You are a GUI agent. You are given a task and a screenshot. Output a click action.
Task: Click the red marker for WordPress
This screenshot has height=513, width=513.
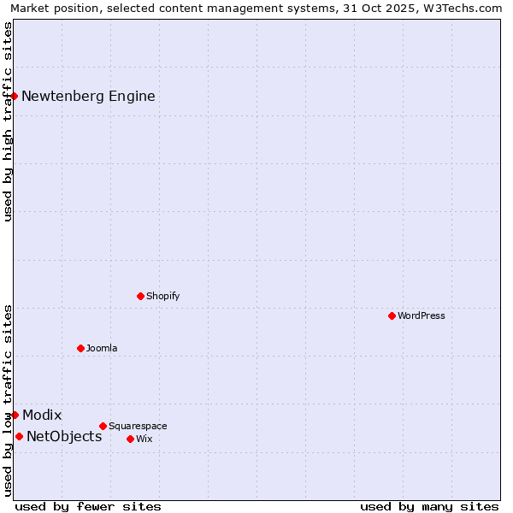click(x=392, y=315)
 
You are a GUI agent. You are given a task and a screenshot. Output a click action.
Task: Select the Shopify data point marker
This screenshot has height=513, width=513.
click(x=140, y=296)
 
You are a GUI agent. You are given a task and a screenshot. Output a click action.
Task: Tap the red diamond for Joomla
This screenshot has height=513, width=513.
click(x=80, y=348)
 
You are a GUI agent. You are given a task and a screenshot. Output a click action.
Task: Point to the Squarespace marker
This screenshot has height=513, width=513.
click(x=103, y=426)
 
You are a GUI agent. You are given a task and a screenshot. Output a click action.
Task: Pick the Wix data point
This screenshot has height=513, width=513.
click(x=130, y=439)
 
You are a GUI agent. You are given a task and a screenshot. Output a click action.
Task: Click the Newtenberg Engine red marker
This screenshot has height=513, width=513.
click(x=15, y=96)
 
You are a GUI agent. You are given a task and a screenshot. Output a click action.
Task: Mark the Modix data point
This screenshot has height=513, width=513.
click(x=15, y=415)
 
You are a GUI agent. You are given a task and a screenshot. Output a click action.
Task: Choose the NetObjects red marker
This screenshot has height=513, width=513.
click(x=19, y=436)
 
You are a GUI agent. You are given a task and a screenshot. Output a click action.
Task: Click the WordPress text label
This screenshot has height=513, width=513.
click(x=422, y=315)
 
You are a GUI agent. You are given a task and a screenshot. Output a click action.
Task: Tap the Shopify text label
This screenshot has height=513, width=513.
click(x=162, y=296)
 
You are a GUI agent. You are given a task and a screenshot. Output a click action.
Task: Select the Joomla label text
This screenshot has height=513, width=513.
click(x=102, y=348)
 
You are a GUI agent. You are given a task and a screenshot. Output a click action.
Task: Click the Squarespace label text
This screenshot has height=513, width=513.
click(x=138, y=426)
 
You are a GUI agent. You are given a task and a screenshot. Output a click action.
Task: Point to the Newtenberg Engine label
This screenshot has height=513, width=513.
click(x=88, y=96)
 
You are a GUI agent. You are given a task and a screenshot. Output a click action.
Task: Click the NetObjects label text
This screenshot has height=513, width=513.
click(x=64, y=437)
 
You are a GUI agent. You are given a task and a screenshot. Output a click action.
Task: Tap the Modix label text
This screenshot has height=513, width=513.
click(x=42, y=416)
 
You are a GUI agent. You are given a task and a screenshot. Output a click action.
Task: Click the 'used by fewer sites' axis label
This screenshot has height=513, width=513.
click(x=88, y=506)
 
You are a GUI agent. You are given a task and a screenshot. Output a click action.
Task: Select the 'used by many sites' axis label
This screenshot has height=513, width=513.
click(x=429, y=506)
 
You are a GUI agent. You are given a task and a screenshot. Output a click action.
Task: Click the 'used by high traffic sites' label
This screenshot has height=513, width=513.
click(x=8, y=121)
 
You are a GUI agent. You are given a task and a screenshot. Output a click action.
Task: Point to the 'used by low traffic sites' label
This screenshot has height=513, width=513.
click(x=8, y=400)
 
